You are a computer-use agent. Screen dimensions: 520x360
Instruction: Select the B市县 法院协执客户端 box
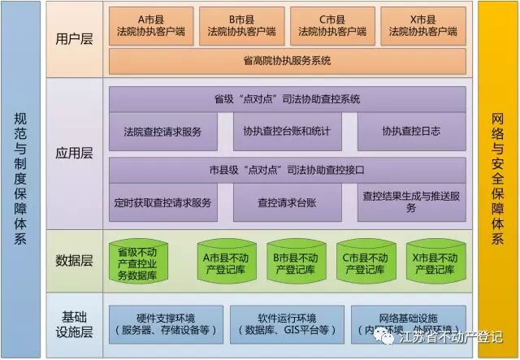[241, 26]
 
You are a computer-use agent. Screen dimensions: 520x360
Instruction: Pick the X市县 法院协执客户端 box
[423, 26]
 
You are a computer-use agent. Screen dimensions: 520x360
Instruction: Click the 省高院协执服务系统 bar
[287, 60]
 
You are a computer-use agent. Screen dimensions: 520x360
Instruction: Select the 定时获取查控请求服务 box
[163, 203]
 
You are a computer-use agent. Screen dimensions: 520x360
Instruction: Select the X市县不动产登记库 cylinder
[432, 261]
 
